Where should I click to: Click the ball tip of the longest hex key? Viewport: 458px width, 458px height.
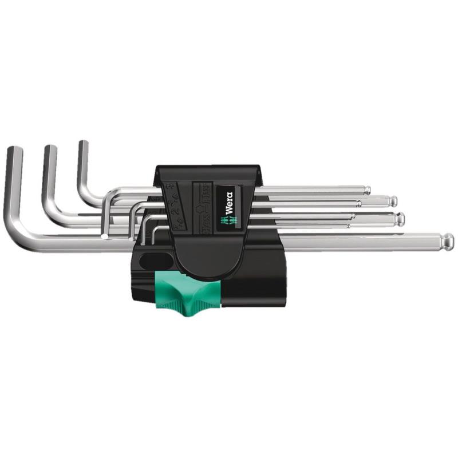tap(448, 240)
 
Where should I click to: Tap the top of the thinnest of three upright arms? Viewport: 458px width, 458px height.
tap(83, 143)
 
